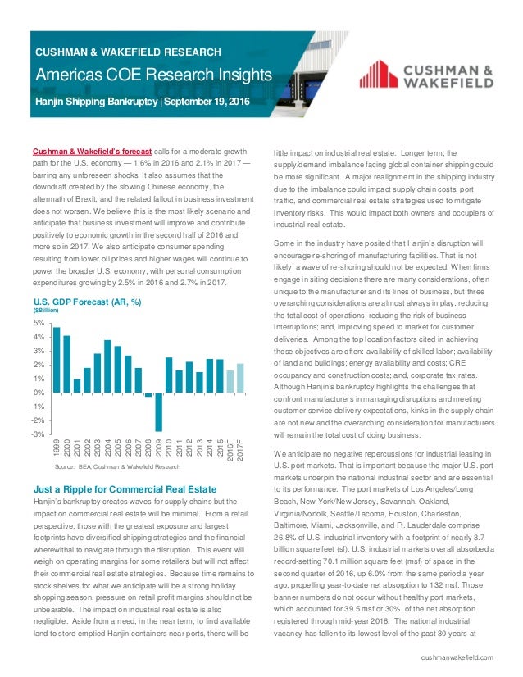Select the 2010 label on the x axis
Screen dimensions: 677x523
click(169, 448)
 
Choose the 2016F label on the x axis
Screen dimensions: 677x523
click(230, 450)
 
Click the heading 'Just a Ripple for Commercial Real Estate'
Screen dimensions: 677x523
click(125, 487)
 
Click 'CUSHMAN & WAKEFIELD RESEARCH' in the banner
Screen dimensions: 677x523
click(128, 52)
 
